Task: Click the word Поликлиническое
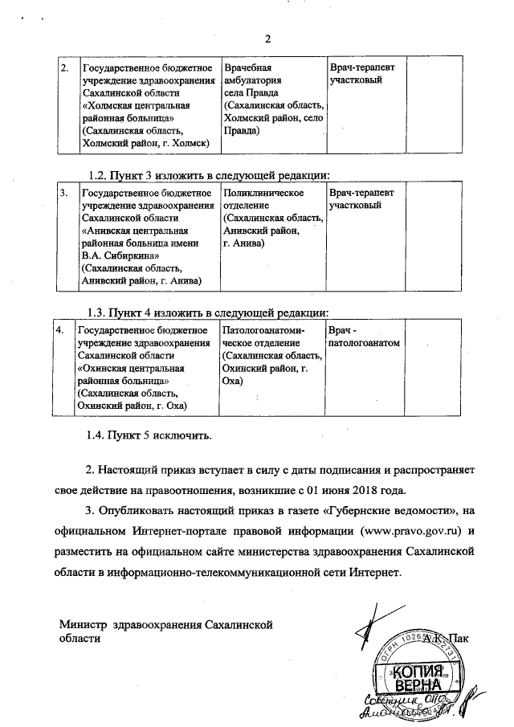(x=263, y=194)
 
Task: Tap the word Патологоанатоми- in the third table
(x=263, y=330)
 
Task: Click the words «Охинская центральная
(x=129, y=368)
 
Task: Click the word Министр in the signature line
(x=85, y=624)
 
